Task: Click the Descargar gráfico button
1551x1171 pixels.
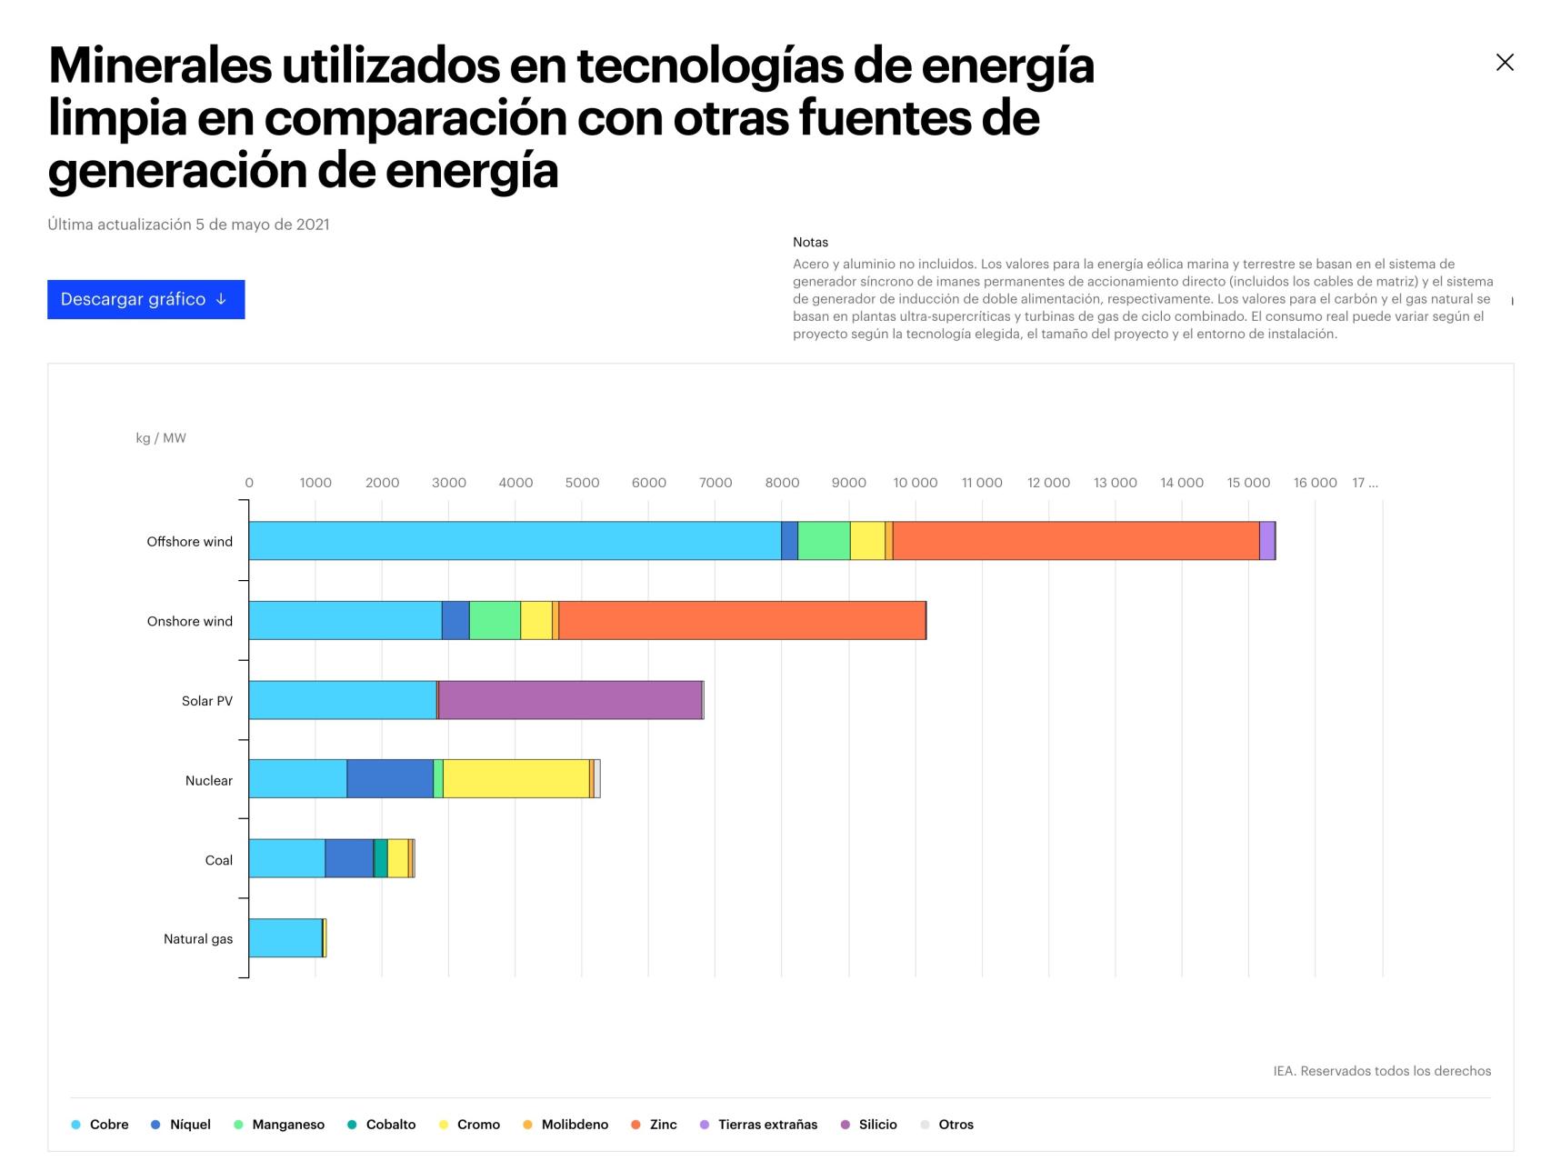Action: [145, 299]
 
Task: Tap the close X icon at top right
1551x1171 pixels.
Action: [1505, 62]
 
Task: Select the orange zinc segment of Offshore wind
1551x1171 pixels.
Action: [1076, 541]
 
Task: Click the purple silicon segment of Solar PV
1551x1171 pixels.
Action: [570, 700]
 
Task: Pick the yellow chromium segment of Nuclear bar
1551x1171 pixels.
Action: [515, 779]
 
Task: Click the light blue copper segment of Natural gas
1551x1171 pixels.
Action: [285, 938]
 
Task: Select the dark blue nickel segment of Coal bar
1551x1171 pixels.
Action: [349, 858]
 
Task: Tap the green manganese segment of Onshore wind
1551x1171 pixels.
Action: [495, 620]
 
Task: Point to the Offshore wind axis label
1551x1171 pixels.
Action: [189, 542]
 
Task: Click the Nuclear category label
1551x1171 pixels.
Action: [208, 780]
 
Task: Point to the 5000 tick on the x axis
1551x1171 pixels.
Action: [582, 483]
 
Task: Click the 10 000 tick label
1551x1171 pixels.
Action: [915, 483]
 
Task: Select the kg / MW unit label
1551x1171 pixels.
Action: [161, 438]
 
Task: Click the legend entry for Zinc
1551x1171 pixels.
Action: [662, 1125]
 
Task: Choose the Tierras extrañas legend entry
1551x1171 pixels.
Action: [766, 1125]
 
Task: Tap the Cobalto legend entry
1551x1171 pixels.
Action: [390, 1125]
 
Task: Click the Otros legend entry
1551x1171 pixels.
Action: [955, 1125]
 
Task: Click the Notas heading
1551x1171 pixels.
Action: [810, 242]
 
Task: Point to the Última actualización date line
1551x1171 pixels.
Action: [188, 225]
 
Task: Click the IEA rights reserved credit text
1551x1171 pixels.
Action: [1381, 1071]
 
